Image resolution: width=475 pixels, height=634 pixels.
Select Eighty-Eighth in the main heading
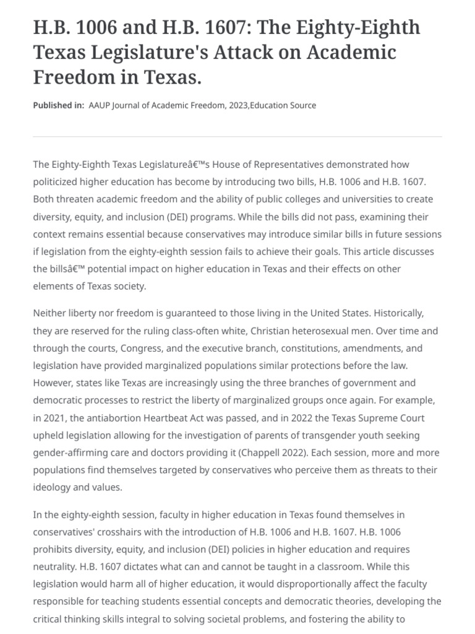[x=361, y=28]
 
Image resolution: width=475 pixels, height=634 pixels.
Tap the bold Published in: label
[x=58, y=105]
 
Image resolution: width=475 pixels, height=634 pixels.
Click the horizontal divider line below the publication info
[x=237, y=136]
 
